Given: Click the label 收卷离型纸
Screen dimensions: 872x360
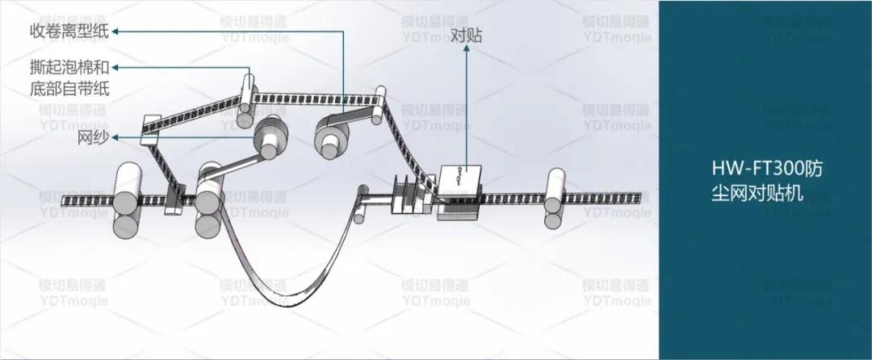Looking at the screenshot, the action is tap(58, 31).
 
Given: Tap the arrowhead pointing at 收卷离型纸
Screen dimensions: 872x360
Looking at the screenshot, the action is tap(115, 31).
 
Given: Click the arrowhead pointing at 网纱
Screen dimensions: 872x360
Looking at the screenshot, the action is tap(116, 138).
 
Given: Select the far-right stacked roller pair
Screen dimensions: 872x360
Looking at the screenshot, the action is tap(555, 198).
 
